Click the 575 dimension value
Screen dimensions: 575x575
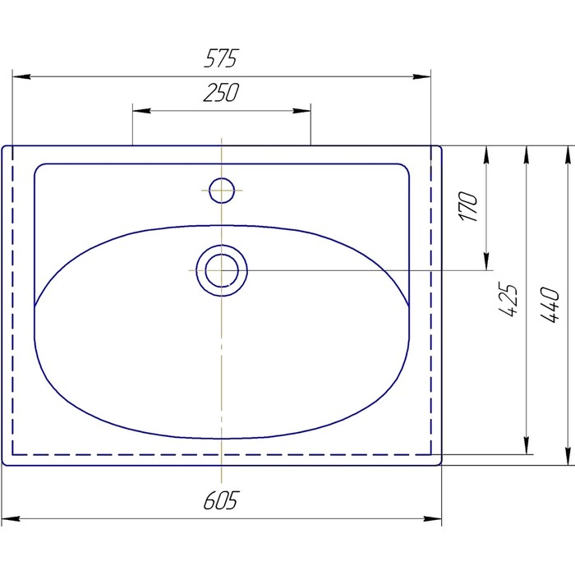tap(221, 58)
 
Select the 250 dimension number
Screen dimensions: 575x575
tap(221, 92)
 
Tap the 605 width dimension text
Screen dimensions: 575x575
tap(221, 500)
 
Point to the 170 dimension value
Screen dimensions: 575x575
tap(468, 206)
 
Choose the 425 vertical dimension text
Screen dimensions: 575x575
tap(508, 299)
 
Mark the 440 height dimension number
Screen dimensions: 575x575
tap(550, 305)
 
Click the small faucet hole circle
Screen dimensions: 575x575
tap(222, 191)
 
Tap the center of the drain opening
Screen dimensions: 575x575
tap(222, 270)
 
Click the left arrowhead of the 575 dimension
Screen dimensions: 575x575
tap(21, 76)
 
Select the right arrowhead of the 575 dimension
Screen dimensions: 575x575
tap(421, 76)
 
